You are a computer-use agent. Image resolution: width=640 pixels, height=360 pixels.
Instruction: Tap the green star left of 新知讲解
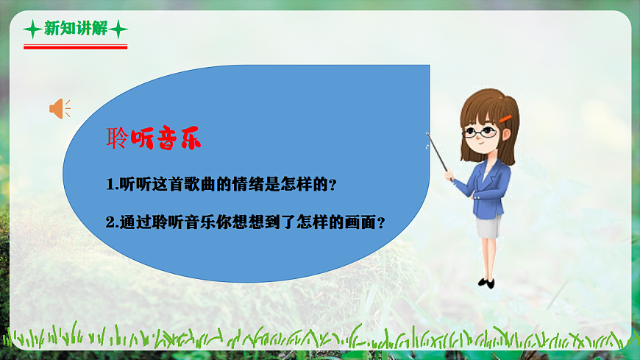32,29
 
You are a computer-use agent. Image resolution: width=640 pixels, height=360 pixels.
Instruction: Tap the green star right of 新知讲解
118,29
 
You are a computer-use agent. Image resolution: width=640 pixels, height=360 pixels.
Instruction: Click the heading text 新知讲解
75,29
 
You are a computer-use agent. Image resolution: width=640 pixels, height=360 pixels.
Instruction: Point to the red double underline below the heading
75,46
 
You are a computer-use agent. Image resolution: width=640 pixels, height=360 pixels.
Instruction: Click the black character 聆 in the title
118,139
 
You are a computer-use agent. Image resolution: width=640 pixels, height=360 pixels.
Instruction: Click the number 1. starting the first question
112,184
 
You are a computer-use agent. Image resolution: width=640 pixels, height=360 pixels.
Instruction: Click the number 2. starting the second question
112,222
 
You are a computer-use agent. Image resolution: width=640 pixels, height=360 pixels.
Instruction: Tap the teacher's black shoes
486,282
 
